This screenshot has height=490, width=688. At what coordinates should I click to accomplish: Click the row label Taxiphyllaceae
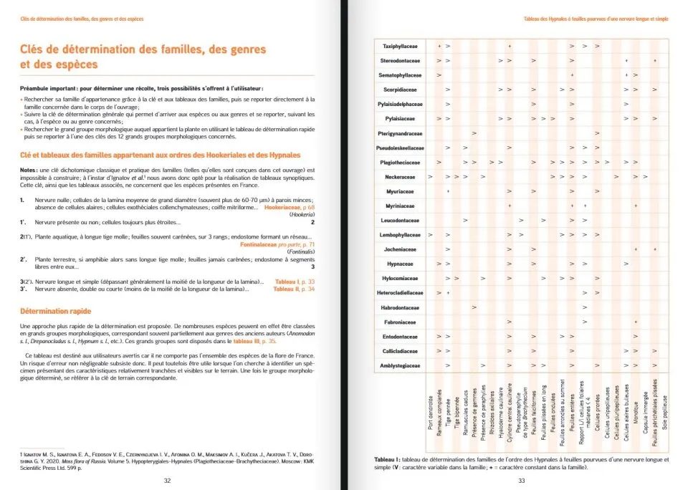point(401,46)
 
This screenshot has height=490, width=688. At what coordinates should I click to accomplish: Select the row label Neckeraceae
point(401,176)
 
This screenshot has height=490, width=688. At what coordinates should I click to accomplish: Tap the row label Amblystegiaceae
point(400,365)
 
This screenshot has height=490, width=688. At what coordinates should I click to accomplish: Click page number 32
point(166,480)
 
